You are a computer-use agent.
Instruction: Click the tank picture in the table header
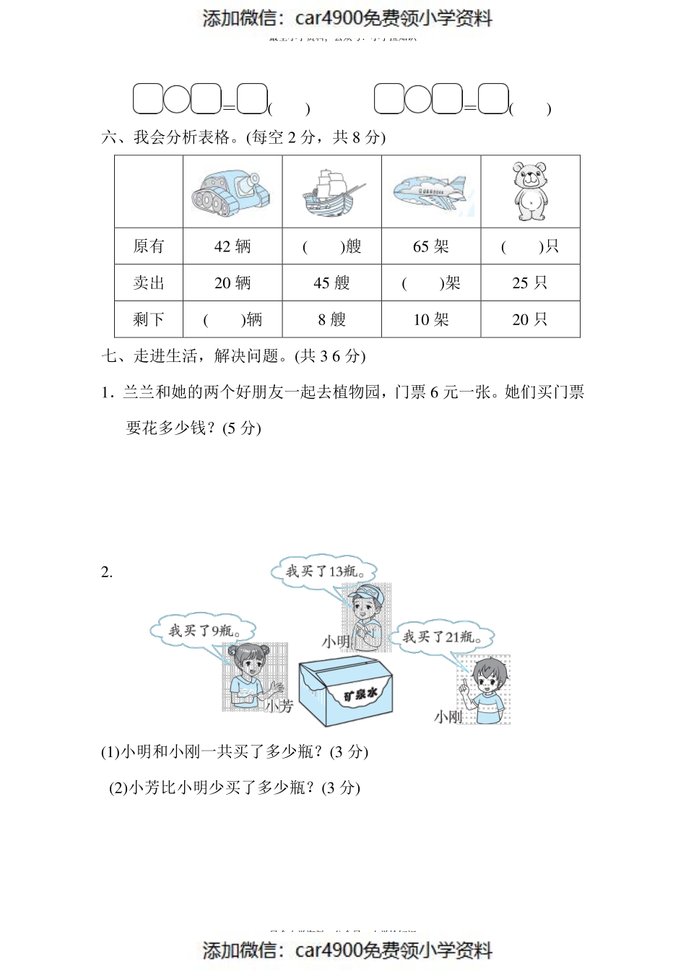click(232, 192)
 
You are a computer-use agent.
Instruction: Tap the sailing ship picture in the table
click(331, 192)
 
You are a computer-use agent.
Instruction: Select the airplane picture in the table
click(430, 192)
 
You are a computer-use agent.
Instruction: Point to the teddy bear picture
click(530, 191)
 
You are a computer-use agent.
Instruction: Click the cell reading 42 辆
click(233, 246)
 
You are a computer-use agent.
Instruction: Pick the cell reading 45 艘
click(331, 283)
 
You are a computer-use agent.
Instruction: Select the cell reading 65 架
click(431, 246)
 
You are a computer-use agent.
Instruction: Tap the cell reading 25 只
click(530, 283)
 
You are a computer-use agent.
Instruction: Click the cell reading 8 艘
click(331, 319)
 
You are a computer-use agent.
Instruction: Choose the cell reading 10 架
click(431, 319)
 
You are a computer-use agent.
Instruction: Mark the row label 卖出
click(149, 283)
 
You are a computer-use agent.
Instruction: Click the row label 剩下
click(149, 319)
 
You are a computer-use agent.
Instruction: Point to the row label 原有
click(149, 246)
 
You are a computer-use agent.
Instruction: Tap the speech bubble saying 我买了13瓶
click(324, 571)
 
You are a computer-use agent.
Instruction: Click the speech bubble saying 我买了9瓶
click(204, 631)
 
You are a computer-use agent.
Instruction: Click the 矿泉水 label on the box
click(360, 695)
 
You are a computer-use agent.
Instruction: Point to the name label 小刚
click(448, 717)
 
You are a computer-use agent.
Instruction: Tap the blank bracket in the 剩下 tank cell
click(224, 320)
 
